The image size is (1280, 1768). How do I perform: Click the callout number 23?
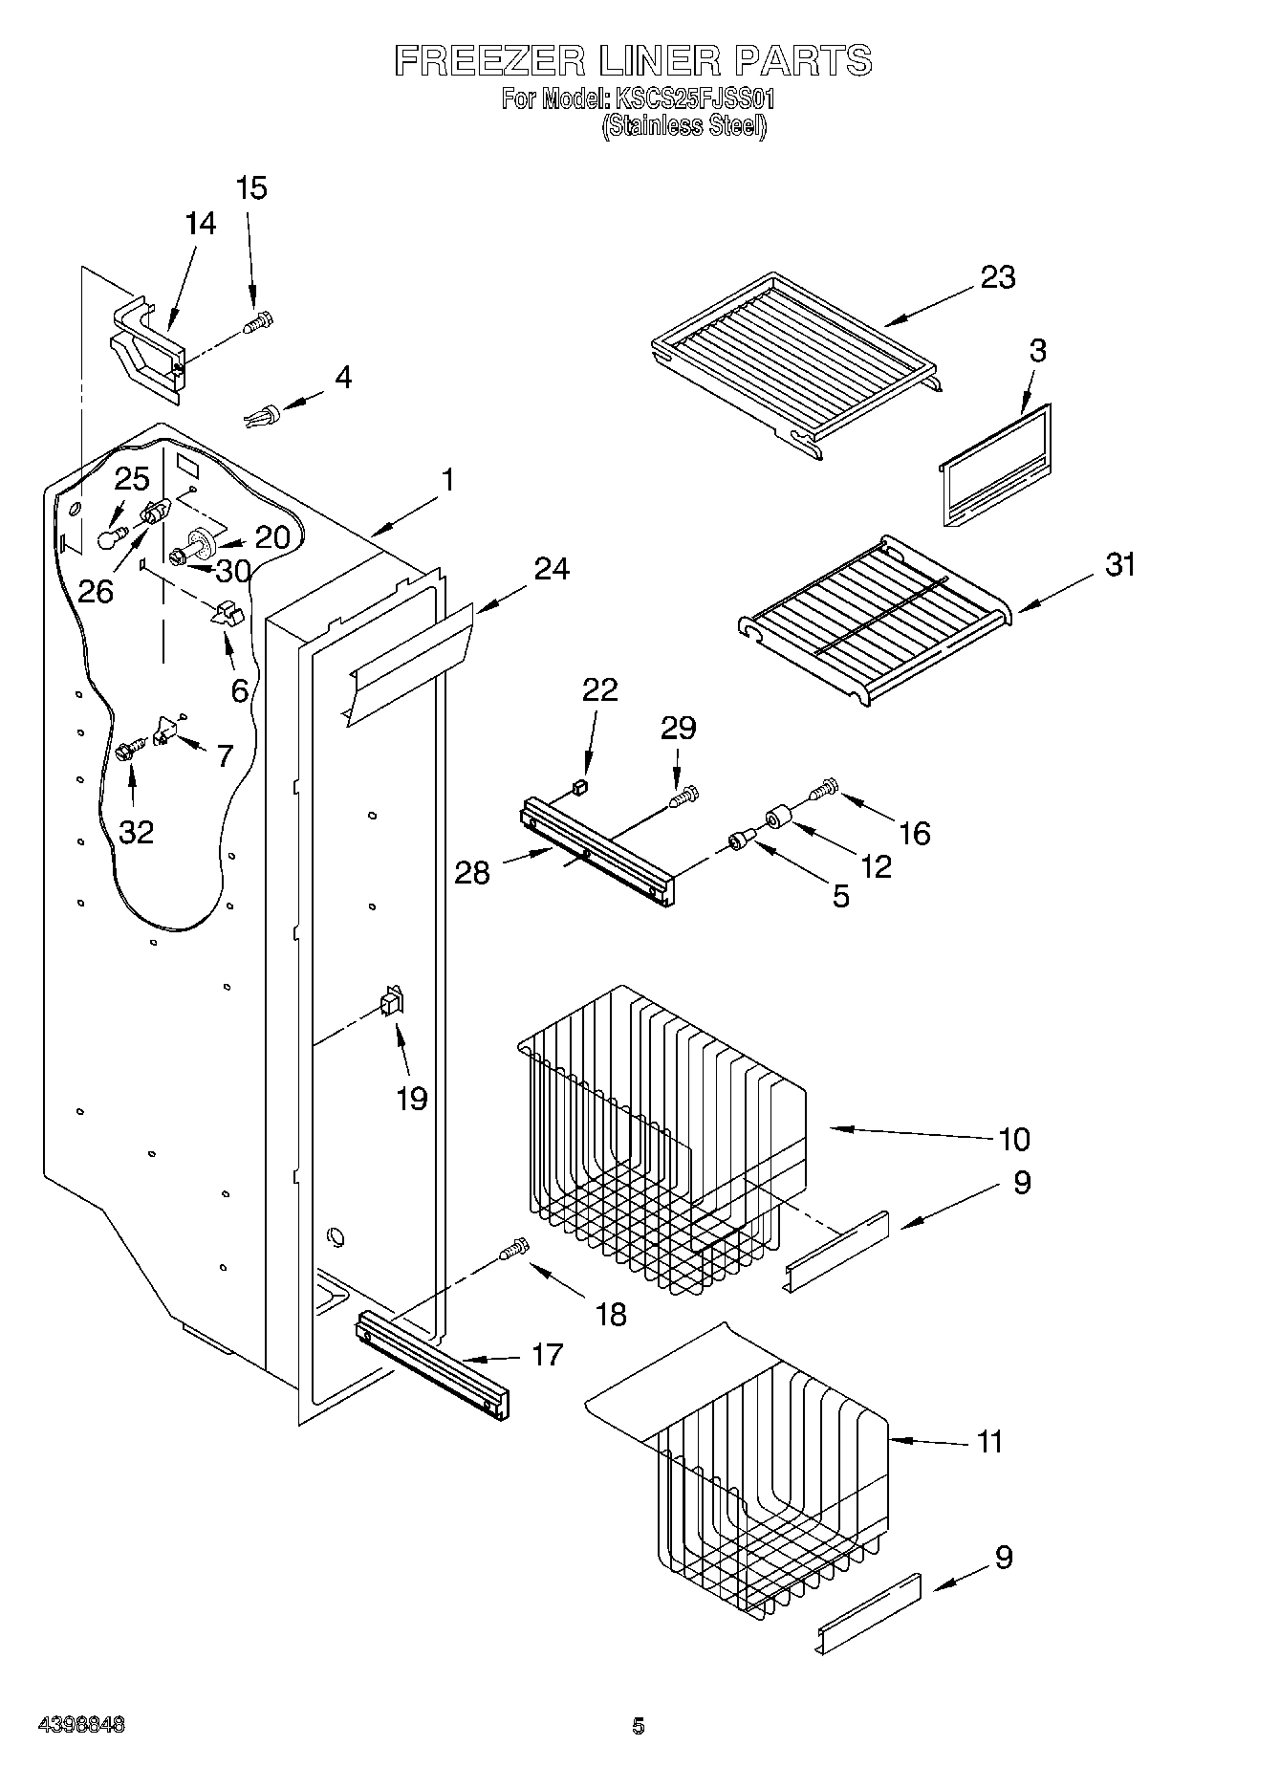point(997,277)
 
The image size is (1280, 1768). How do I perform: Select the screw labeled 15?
point(258,323)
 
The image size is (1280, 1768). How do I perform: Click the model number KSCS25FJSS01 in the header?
point(695,98)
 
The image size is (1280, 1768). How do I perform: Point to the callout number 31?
point(1120,565)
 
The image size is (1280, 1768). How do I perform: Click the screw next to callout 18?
point(512,1250)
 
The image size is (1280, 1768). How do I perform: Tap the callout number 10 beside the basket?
point(1013,1139)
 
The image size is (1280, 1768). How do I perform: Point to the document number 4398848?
point(81,1725)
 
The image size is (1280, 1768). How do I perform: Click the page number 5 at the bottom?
point(639,1726)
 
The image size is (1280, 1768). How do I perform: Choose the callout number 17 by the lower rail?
point(547,1355)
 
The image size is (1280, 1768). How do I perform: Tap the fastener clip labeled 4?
point(263,416)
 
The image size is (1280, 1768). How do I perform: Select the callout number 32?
point(137,832)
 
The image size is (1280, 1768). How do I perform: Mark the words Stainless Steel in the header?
point(683,126)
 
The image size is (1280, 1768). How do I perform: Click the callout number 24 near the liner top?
point(552,569)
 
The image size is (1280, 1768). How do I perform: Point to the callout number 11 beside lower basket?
point(989,1441)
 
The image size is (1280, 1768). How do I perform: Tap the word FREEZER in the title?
point(489,61)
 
